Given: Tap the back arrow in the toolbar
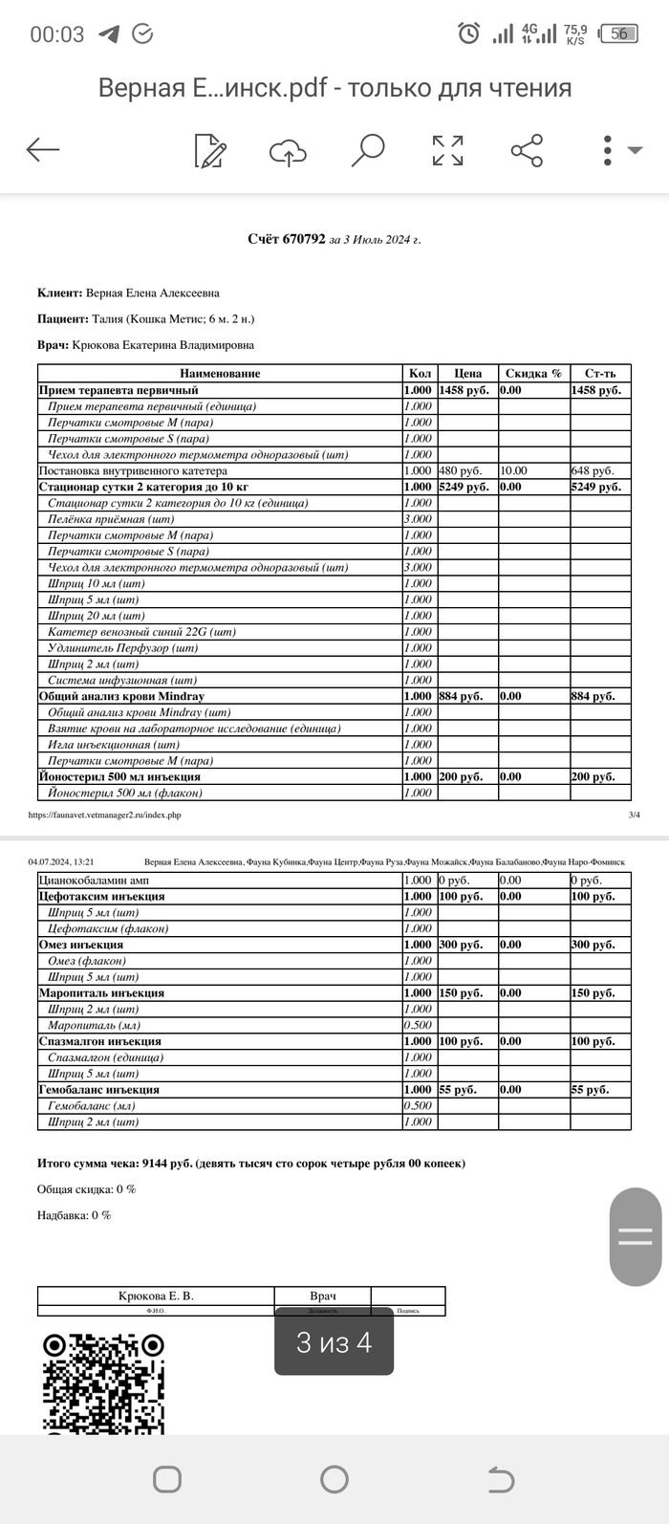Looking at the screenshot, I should point(43,149).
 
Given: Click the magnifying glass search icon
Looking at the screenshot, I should point(368,149).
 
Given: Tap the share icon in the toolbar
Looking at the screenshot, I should point(527,150).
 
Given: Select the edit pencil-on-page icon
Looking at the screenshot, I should point(210,150).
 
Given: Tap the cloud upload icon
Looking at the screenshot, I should point(288,151).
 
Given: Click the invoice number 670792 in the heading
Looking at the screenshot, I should point(304,239).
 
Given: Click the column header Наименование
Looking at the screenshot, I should point(220,374).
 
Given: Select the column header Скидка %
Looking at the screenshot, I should point(533,374).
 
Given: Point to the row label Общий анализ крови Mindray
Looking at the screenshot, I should point(121,696).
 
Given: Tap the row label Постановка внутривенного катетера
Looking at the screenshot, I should point(133,470).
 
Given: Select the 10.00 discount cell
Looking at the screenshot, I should point(514,470).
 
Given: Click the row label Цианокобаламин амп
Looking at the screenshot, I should point(94,880).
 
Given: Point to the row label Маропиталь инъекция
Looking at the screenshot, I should point(101,992).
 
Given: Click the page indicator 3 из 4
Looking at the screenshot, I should point(334,1342).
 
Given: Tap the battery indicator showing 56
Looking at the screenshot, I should point(619,33).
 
